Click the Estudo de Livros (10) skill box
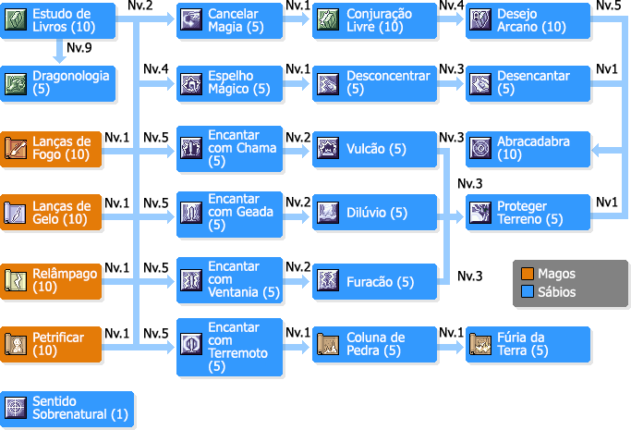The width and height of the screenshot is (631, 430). click(58, 20)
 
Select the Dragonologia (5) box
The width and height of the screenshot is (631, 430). click(58, 83)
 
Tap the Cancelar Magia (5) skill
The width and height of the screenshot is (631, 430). click(229, 20)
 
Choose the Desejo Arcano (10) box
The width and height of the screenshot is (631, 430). click(528, 20)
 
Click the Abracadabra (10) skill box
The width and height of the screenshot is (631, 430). click(528, 149)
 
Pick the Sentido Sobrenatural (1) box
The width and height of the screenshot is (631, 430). click(67, 408)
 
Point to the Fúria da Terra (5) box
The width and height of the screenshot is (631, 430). click(528, 344)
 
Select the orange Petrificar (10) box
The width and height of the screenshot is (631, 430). click(51, 344)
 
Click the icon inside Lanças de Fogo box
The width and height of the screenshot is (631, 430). click(16, 148)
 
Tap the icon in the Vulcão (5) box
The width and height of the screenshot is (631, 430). click(328, 148)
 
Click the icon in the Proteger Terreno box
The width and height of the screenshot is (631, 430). click(480, 212)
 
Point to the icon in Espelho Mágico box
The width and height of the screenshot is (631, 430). click(191, 84)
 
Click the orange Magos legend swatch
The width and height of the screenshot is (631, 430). click(528, 274)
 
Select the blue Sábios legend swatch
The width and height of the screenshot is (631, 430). click(528, 291)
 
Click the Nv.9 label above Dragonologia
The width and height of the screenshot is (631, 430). click(79, 47)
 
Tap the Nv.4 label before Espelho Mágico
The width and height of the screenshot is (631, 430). click(156, 69)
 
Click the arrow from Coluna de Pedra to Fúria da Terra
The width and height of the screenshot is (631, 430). click(451, 347)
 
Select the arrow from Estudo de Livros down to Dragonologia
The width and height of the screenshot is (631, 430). click(59, 51)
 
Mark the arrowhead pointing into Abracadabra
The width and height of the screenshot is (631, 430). click(596, 151)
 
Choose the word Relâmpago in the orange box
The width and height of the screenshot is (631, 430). click(65, 274)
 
